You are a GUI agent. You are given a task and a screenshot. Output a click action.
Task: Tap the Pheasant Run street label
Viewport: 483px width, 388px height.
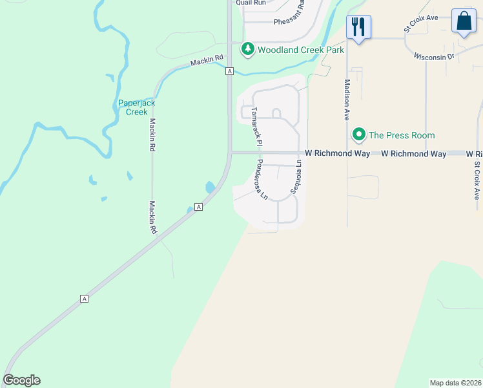pos(293,21)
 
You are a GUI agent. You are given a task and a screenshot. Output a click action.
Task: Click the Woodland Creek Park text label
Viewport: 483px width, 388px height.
pos(300,50)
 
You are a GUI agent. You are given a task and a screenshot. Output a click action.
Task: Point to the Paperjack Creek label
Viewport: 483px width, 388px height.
pos(136,107)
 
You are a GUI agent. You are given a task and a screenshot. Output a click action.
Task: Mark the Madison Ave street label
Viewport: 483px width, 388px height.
pos(347,99)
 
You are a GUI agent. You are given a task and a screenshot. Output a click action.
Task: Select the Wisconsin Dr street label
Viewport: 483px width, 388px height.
pos(434,56)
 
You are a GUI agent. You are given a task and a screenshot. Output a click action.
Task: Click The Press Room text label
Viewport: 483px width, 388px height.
pos(401,135)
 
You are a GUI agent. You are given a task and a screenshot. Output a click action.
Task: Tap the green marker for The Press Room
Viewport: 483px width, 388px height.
pos(358,135)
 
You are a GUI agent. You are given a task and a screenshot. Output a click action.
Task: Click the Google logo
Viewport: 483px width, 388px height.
pos(21,380)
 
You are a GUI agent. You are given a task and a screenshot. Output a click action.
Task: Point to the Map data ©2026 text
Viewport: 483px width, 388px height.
pos(455,383)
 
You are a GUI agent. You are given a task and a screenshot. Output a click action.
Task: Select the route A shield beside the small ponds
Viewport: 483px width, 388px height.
pos(199,207)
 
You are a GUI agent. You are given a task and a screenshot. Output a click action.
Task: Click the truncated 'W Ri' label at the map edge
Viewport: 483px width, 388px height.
pos(474,154)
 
